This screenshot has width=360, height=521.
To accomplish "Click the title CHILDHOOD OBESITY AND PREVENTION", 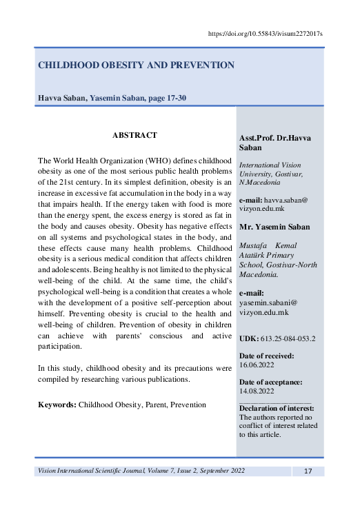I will tap(136, 65).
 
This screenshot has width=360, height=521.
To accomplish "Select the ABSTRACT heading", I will tap(134, 135).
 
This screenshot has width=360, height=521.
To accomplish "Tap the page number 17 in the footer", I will tap(308, 471).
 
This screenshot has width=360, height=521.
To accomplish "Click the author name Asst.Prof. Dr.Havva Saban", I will tap(274, 143).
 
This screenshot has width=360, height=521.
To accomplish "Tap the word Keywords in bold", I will tap(57, 405).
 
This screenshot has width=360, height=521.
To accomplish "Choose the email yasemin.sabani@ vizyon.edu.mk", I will tap(269, 307).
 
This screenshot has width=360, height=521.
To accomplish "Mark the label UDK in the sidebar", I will tap(248, 338).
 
